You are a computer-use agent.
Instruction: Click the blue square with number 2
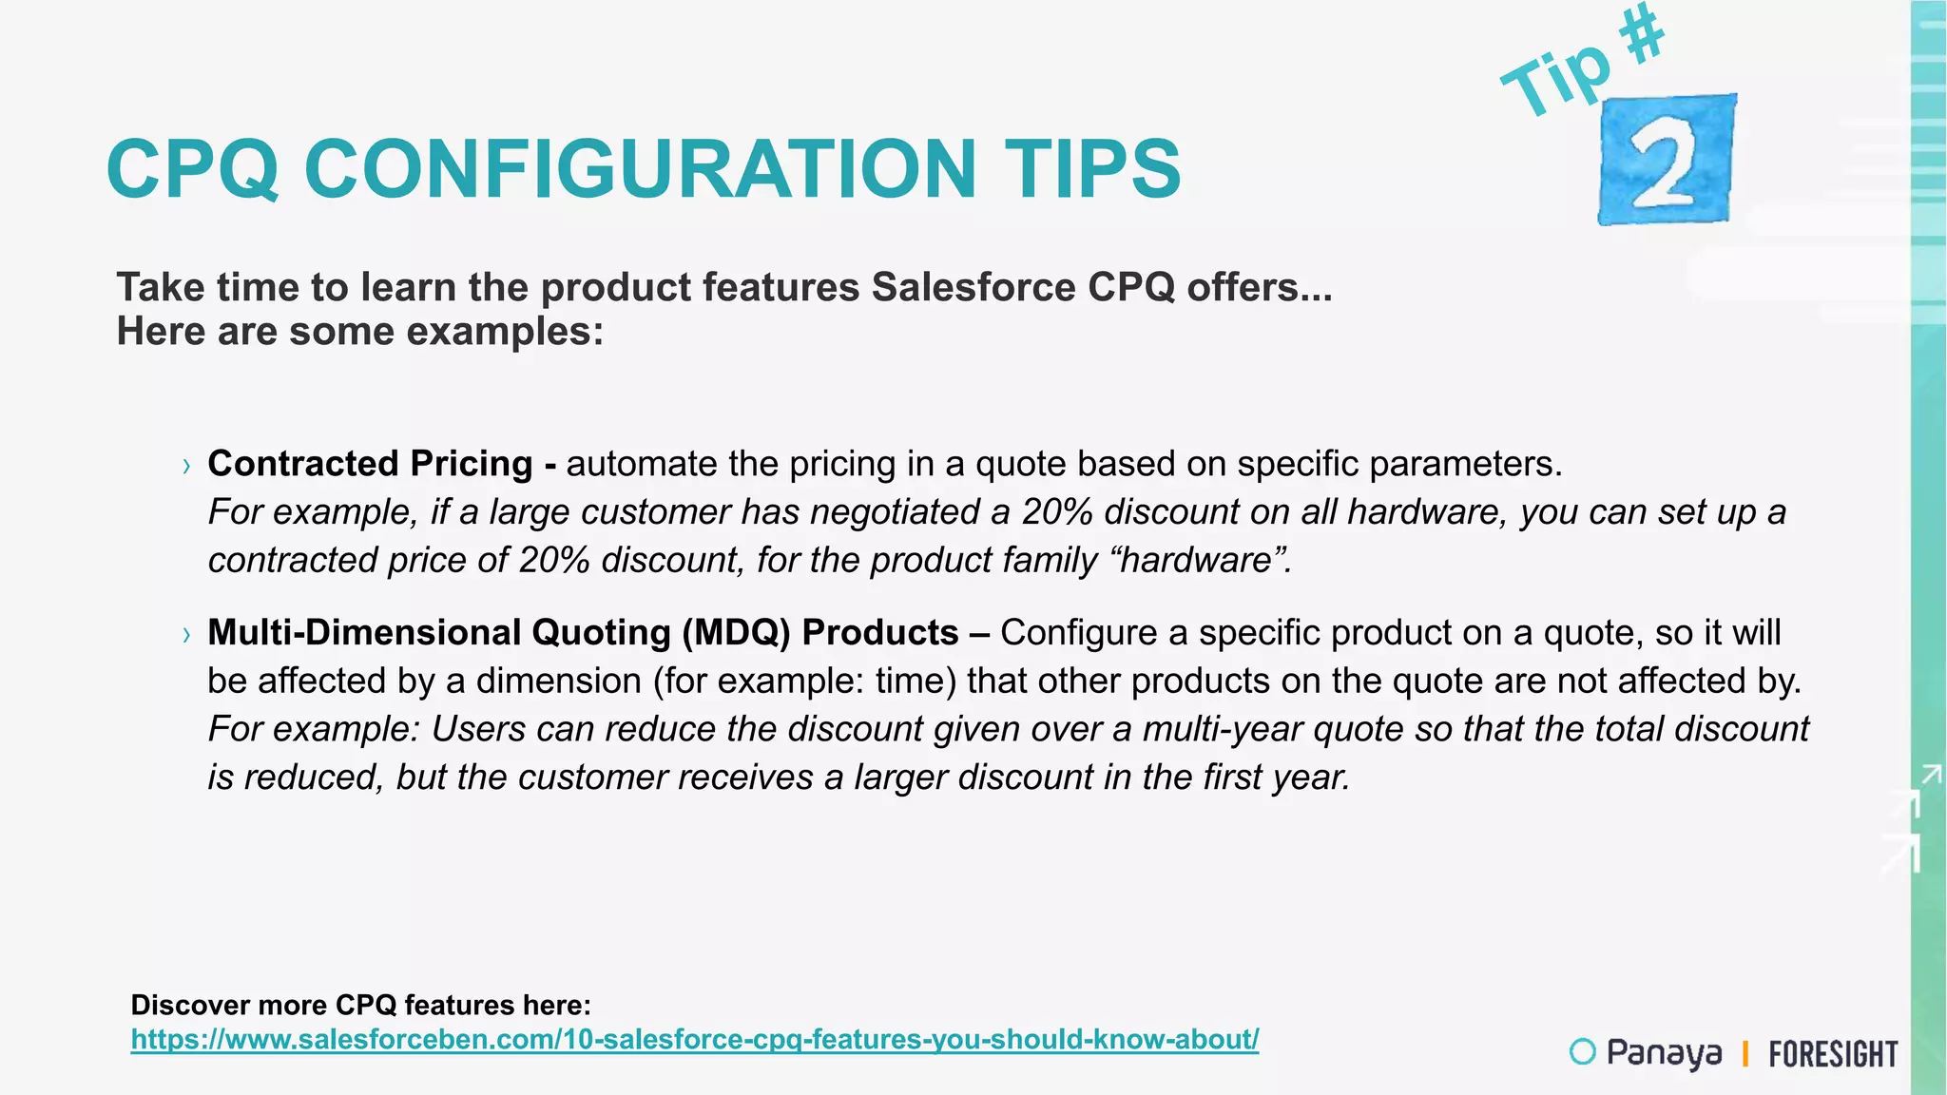pyautogui.click(x=1667, y=160)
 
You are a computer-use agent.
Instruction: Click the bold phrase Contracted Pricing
pyautogui.click(x=370, y=464)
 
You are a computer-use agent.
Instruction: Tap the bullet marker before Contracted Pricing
pyautogui.click(x=186, y=466)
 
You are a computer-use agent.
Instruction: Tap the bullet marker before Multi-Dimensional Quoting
pyautogui.click(x=186, y=635)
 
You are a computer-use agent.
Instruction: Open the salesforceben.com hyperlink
pyautogui.click(x=694, y=1039)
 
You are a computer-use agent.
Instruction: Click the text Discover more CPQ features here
pyautogui.click(x=360, y=1005)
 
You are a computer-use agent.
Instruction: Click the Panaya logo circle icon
pyautogui.click(x=1582, y=1051)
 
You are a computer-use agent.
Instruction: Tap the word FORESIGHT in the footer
pyautogui.click(x=1833, y=1054)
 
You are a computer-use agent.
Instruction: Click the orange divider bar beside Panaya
pyautogui.click(x=1745, y=1054)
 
